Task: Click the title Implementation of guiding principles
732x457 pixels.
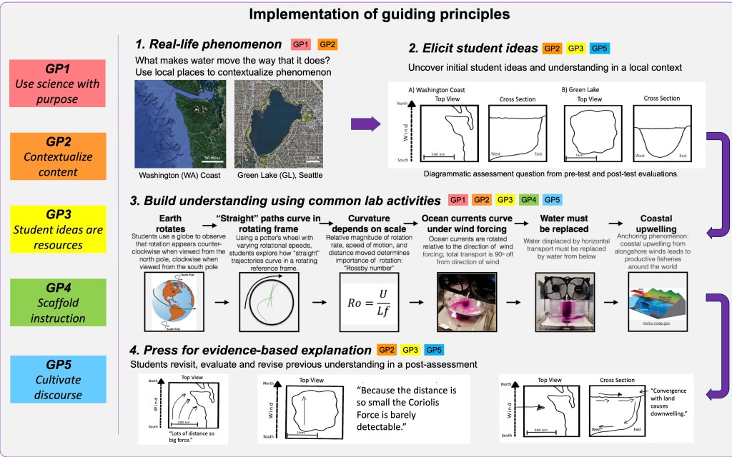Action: click(366, 14)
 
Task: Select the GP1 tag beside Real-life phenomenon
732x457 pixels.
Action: click(301, 44)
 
